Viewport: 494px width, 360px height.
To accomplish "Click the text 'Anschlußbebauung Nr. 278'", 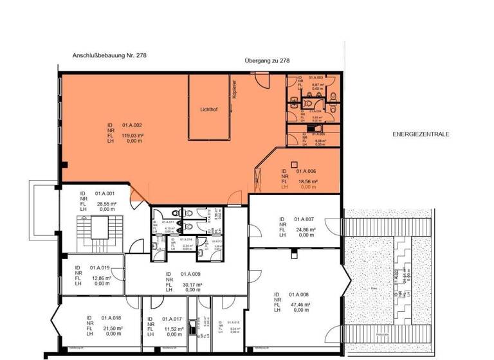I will (x=102, y=56).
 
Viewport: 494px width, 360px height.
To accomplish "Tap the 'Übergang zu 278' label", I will (x=268, y=61).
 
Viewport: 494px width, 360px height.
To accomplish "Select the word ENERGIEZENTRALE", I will (x=421, y=134).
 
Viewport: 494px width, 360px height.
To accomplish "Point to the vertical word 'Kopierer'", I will (x=235, y=89).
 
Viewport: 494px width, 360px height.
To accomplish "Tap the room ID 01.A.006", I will (x=306, y=172).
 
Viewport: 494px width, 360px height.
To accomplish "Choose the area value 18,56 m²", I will (x=306, y=182).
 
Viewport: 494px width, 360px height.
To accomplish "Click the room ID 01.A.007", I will (x=304, y=219).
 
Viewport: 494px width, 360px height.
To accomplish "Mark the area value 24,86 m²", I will (x=304, y=230).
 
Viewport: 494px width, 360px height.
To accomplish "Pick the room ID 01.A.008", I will (x=299, y=294).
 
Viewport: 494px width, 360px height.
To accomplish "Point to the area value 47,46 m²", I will (x=299, y=305).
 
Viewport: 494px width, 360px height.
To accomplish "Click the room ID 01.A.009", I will (x=192, y=273).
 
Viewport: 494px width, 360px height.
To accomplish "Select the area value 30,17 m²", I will (x=191, y=284).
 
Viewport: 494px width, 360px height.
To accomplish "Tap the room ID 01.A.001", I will (x=104, y=193).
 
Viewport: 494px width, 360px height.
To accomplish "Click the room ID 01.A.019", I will (x=100, y=267).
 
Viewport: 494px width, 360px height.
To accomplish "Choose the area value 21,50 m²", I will (x=110, y=328).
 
